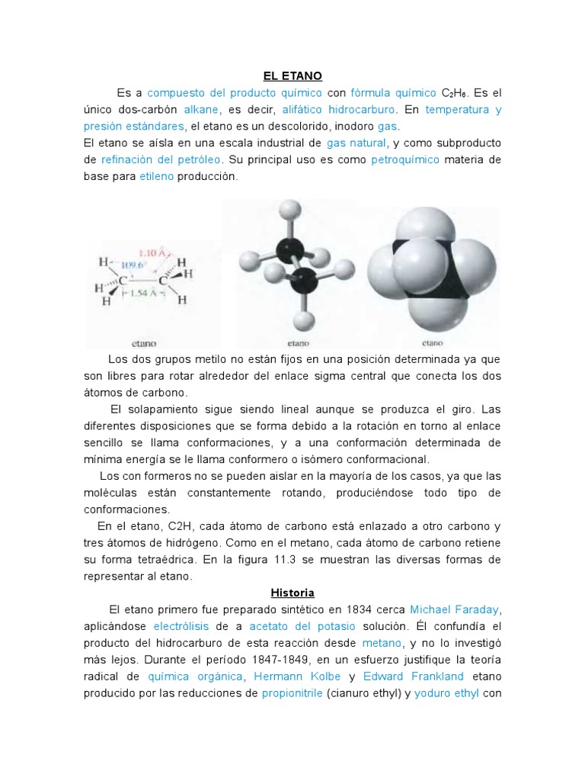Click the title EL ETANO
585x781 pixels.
[292, 76]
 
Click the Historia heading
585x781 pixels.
[292, 593]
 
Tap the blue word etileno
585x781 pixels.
[156, 176]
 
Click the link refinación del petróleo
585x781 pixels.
[161, 159]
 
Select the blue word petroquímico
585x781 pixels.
[405, 159]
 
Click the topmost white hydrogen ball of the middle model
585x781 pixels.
[289, 210]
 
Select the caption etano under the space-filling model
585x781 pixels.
[432, 342]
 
